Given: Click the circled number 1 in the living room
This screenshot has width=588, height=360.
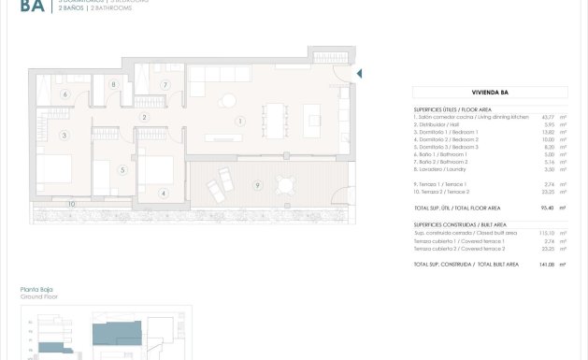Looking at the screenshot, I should (x=240, y=121).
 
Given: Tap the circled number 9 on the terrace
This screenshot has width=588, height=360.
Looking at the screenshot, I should (x=257, y=185).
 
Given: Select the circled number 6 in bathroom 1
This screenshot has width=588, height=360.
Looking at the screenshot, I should (x=65, y=94).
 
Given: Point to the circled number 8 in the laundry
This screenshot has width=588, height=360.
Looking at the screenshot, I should (x=114, y=85).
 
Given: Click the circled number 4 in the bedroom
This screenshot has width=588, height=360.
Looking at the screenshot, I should (x=163, y=194).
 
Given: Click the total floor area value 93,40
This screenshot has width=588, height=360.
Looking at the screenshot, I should (x=536, y=208).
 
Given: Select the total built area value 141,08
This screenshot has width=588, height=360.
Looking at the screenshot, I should (x=535, y=266).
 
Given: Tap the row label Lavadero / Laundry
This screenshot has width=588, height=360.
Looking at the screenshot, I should (x=446, y=169).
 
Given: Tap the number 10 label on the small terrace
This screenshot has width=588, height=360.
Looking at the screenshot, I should (x=70, y=203).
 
